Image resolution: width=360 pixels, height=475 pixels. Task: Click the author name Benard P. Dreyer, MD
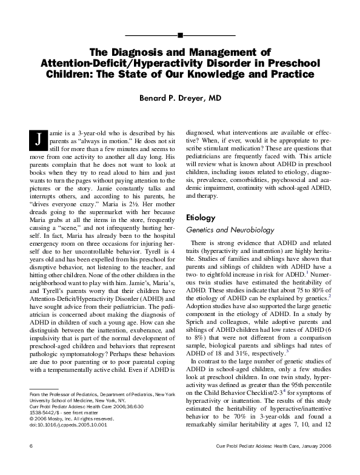pyautogui.click(x=180, y=96)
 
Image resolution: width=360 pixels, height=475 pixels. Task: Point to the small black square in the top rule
pyautogui.click(x=180, y=32)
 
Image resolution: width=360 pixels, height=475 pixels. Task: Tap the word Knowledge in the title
pyautogui.click(x=212, y=75)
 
